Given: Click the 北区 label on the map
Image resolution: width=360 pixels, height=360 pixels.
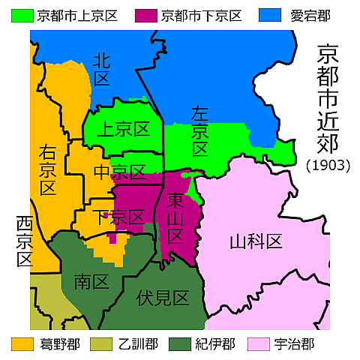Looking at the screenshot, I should click(101, 70).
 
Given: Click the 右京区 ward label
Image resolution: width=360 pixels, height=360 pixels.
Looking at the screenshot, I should click(47, 169).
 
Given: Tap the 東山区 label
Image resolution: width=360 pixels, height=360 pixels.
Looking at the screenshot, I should click(174, 218).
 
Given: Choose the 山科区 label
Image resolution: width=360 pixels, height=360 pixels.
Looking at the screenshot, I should click(255, 241).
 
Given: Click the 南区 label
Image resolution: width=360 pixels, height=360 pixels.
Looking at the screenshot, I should click(91, 281).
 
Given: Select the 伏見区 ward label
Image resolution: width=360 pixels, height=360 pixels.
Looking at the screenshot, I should click(162, 297).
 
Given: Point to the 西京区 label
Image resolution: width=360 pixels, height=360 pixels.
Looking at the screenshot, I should click(25, 242).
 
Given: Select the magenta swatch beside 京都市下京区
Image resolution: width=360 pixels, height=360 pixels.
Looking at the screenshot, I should click(145, 14).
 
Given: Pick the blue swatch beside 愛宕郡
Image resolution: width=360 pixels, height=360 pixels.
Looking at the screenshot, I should click(268, 14).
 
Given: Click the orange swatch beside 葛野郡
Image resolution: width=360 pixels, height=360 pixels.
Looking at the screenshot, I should click(21, 344).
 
